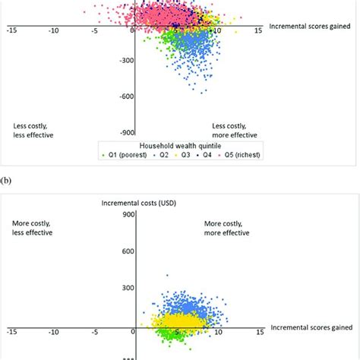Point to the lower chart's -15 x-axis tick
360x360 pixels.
(x=11, y=332)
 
